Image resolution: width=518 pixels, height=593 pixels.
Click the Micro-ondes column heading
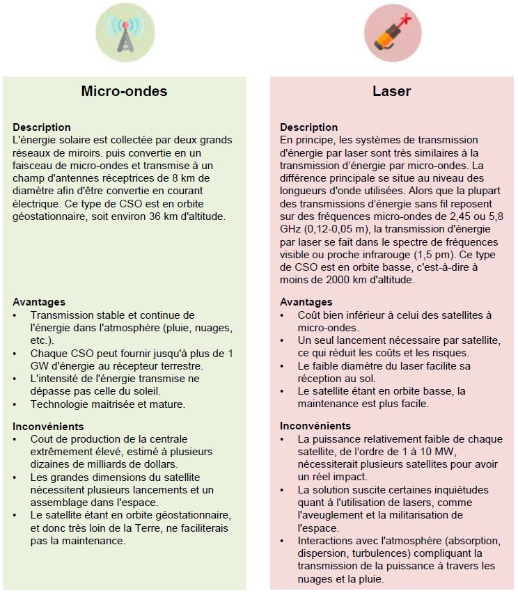tap(124, 91)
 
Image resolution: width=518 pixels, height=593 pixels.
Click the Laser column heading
tap(391, 91)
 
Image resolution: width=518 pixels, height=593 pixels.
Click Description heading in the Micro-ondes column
tap(41, 127)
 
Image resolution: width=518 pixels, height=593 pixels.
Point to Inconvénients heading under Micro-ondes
tap(48, 426)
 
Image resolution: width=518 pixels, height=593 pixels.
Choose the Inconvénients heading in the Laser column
tap(315, 426)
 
